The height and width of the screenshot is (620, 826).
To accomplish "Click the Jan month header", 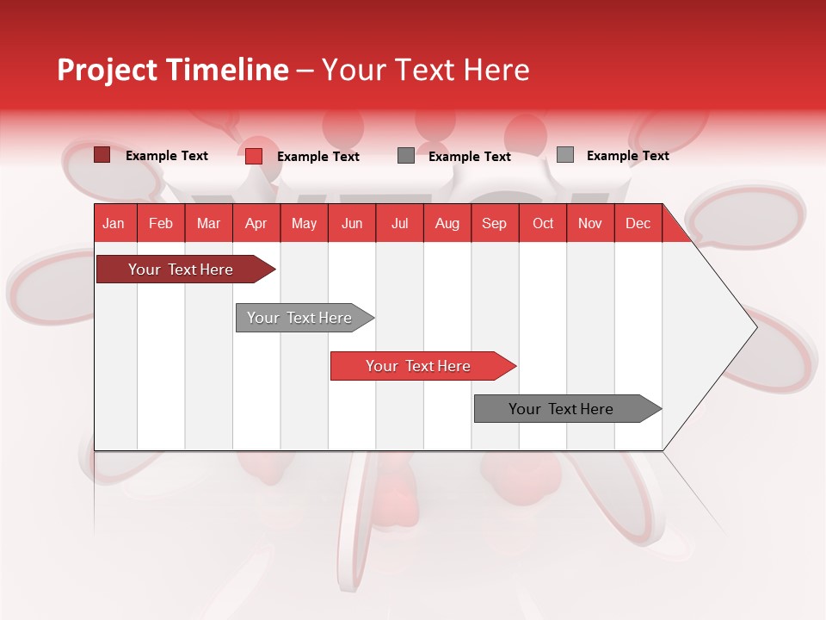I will [x=114, y=223].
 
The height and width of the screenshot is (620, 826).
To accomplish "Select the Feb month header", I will [x=161, y=223].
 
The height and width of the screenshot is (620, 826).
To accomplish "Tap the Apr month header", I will [x=256, y=223].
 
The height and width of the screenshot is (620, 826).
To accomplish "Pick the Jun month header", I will [x=352, y=223].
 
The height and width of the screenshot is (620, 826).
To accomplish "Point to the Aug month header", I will [x=447, y=223].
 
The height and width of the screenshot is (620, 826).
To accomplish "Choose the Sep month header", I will [x=494, y=223].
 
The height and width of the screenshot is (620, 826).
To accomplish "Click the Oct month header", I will [x=543, y=223].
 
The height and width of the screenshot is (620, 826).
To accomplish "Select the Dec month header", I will [x=638, y=223].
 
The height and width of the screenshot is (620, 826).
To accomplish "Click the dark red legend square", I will [x=102, y=155].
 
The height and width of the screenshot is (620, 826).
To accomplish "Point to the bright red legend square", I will [x=254, y=156].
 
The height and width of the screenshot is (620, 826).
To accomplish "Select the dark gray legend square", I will [x=406, y=156].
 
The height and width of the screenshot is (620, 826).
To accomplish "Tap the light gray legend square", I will [x=565, y=155].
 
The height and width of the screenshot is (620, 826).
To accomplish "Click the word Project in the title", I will [x=108, y=70].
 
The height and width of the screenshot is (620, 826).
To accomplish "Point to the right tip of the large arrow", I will [x=755, y=327].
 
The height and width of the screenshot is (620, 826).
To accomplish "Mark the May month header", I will [x=304, y=223].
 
